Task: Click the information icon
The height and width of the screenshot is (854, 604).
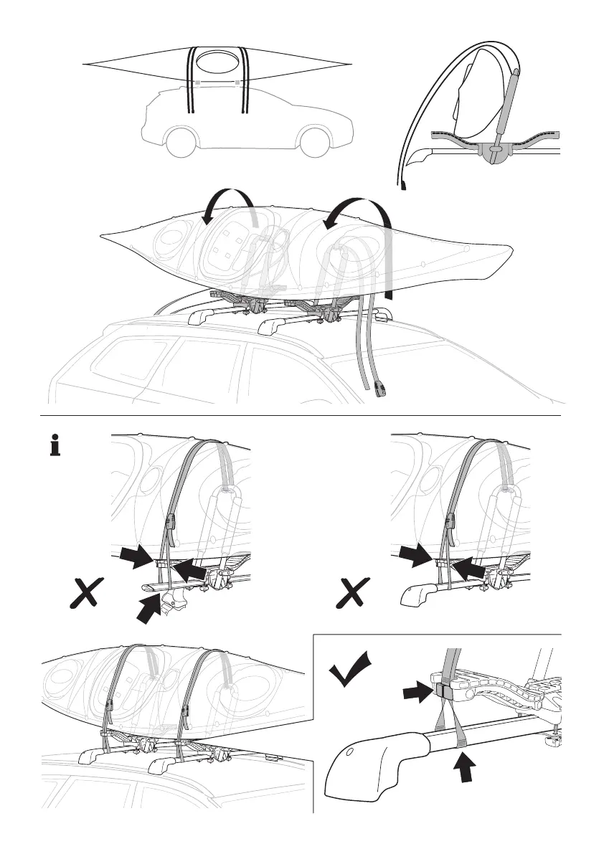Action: [x=54, y=445]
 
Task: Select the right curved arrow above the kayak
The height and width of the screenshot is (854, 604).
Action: [x=355, y=208]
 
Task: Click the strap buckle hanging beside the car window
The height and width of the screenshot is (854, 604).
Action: [x=381, y=390]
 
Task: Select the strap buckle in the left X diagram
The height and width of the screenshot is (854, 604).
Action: [x=171, y=522]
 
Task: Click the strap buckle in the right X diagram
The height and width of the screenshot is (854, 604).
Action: [x=452, y=522]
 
